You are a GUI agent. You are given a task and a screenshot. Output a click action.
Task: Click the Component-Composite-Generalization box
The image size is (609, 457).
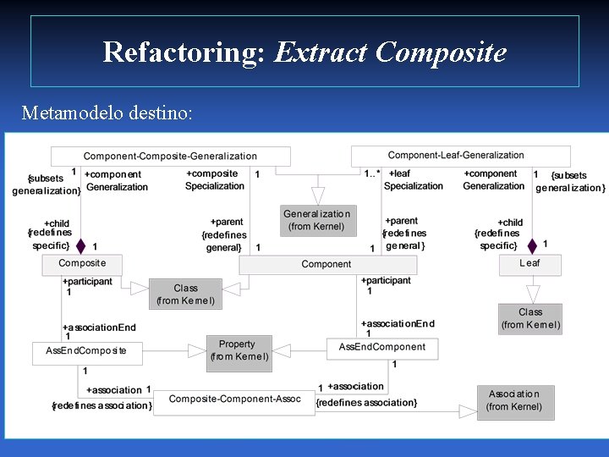point(170,156)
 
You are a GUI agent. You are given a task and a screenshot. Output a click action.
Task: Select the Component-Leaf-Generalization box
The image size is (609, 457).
point(457,155)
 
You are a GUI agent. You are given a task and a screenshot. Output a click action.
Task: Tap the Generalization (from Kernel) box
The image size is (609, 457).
point(316,220)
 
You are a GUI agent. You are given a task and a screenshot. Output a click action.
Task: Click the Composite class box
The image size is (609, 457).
point(82,264)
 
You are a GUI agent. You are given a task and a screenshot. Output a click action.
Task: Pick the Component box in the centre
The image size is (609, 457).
point(326,264)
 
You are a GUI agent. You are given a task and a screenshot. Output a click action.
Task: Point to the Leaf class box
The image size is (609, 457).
point(529,263)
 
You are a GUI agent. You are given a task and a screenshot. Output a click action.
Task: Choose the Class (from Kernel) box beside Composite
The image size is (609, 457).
point(185,294)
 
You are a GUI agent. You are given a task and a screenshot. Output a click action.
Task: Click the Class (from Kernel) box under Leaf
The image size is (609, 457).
point(530,318)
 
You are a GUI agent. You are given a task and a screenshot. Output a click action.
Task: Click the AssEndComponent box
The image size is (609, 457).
point(381,347)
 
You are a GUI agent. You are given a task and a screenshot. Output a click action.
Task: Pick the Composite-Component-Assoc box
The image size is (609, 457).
point(234,399)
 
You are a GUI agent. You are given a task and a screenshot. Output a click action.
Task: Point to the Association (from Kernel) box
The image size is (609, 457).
point(514,400)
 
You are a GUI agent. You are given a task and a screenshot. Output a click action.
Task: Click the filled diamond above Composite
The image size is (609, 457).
point(80,246)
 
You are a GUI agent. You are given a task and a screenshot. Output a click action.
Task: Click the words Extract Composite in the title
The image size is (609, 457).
point(390,52)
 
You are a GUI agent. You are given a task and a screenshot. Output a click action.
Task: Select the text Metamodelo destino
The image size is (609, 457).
point(107,112)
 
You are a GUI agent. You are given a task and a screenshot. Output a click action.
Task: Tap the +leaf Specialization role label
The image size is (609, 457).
point(414,179)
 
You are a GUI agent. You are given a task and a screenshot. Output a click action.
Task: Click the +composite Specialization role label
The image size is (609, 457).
point(215,179)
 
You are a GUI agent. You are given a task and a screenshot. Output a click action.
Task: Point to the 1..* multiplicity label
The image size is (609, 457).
point(372,173)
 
